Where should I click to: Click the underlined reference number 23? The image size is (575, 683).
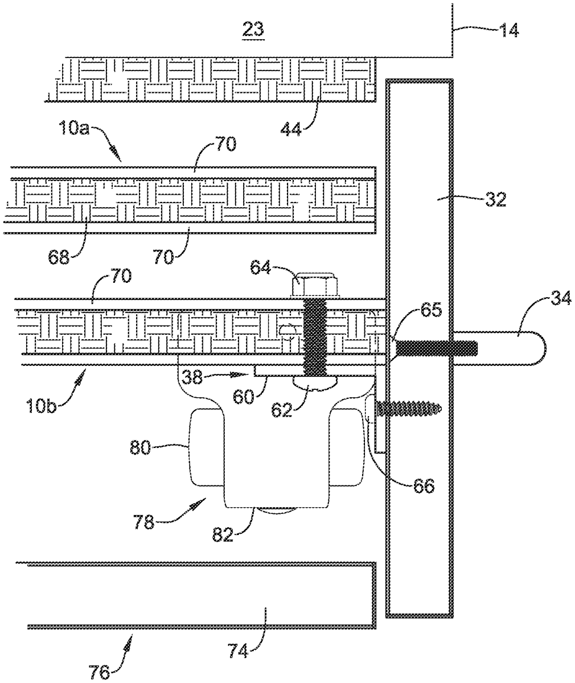[x=253, y=30]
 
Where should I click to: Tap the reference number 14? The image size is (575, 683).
[x=508, y=30]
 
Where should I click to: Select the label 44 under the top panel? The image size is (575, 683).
[x=291, y=130]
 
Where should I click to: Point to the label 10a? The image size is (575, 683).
[x=73, y=128]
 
